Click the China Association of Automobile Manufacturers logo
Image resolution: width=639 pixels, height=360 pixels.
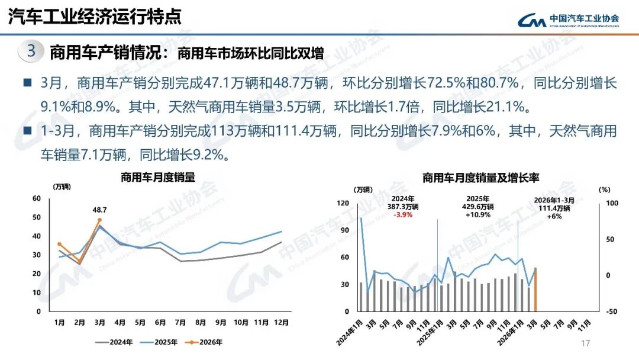tap(568, 20)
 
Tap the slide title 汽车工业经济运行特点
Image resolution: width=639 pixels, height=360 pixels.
tap(94, 17)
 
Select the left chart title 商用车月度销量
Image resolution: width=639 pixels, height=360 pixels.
tap(157, 177)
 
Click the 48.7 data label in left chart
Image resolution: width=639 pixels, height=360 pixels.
tap(100, 210)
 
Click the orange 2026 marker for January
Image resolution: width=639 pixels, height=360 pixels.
tap(59, 244)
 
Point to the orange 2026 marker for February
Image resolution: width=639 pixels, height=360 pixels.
tap(79, 261)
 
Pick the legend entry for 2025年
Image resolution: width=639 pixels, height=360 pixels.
tap(160, 342)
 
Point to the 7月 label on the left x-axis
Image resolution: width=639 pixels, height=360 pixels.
tap(181, 323)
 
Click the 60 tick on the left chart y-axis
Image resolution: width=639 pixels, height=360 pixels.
tap(37, 198)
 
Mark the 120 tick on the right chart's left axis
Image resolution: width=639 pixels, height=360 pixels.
tap(343, 203)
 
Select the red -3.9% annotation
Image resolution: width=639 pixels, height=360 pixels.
tap(403, 215)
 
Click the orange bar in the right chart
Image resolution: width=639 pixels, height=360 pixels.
tap(535, 290)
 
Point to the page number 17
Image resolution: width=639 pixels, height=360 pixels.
tap(586, 344)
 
